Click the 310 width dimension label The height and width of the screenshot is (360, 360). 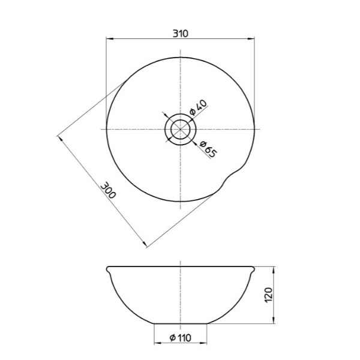[x=180, y=34]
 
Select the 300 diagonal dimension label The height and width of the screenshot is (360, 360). [x=109, y=191]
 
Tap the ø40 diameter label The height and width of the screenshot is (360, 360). [x=198, y=109]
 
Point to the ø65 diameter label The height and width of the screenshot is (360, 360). [x=206, y=149]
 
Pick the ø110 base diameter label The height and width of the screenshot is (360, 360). [x=181, y=338]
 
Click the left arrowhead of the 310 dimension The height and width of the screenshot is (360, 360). [x=109, y=40]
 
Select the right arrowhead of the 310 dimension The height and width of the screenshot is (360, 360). [x=252, y=40]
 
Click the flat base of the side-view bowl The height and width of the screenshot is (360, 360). [x=181, y=324]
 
